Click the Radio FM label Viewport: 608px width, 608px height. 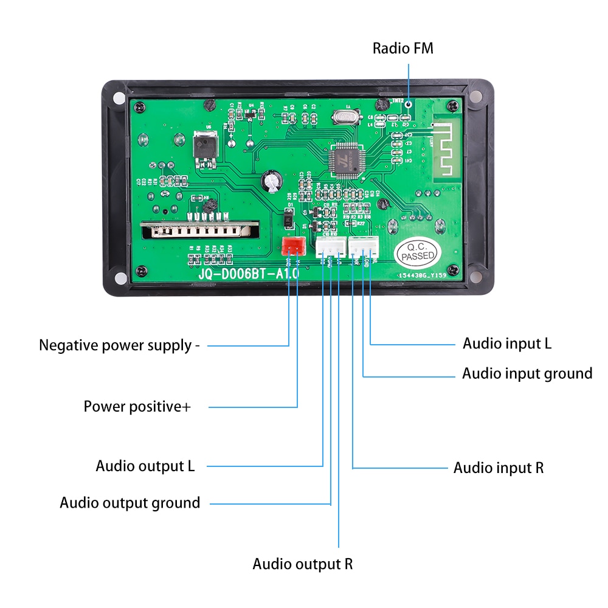[403, 48]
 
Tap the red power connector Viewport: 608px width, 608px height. [293, 246]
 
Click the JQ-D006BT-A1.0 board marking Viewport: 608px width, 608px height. [249, 275]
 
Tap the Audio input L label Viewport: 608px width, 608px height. [507, 344]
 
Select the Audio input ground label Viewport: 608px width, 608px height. [527, 373]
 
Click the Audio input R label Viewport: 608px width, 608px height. [499, 468]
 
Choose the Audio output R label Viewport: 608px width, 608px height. [303, 564]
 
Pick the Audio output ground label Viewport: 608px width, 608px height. [130, 503]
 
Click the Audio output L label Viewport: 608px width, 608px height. [145, 466]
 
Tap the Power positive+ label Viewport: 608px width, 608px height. [137, 406]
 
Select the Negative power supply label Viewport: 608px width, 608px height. [119, 345]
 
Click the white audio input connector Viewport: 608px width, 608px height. [363, 246]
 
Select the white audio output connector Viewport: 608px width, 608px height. [329, 246]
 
